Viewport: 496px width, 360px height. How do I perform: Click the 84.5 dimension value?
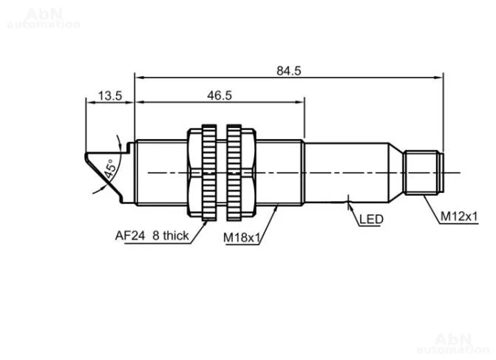289,70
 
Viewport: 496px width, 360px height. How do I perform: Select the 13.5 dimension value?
109,95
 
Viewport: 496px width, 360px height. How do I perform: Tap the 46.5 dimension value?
220,95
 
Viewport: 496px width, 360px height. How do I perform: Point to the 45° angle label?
109,169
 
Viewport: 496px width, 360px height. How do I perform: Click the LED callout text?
371,220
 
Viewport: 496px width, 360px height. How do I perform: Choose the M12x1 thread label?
459,217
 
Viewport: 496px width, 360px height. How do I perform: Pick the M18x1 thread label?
242,237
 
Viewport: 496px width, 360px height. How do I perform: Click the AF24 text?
130,236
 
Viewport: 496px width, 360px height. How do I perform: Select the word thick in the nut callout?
176,236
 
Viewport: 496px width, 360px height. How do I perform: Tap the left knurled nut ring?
209,173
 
